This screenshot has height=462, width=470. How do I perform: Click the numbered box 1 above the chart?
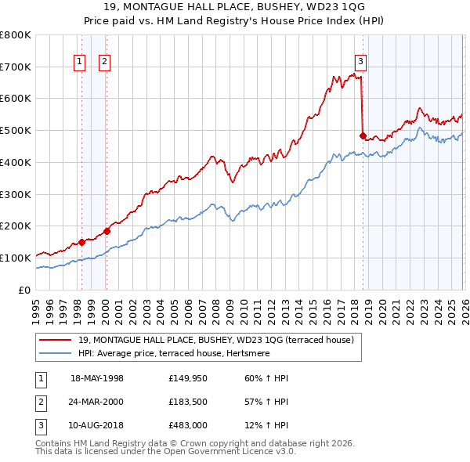(x=80, y=62)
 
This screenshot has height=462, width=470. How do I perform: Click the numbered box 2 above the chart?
(x=104, y=62)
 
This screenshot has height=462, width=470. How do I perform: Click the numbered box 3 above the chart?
(x=360, y=62)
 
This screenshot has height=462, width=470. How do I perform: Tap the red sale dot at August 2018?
(x=363, y=135)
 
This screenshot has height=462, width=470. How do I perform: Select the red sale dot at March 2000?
(x=107, y=231)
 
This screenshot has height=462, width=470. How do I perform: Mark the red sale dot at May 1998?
(x=81, y=242)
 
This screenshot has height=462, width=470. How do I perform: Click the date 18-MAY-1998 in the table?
(x=97, y=378)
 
